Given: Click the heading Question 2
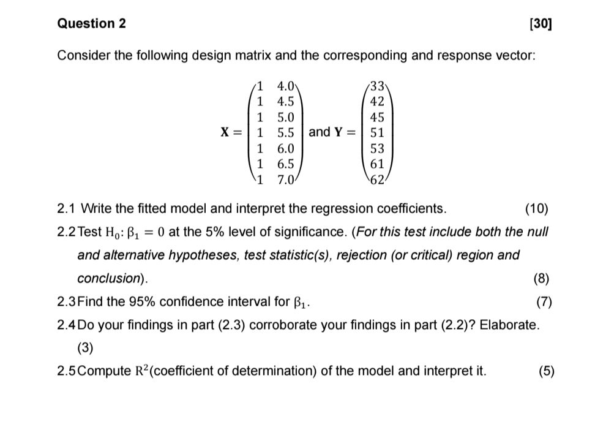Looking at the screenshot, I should pyautogui.click(x=91, y=24).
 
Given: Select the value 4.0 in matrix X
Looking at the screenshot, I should pyautogui.click(x=286, y=85).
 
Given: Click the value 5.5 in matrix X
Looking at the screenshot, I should pyautogui.click(x=286, y=132).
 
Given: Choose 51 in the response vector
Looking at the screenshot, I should pyautogui.click(x=377, y=132).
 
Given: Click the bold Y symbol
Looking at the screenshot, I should pyautogui.click(x=337, y=132).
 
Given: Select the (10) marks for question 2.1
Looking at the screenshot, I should pyautogui.click(x=537, y=209).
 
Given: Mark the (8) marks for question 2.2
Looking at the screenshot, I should pyautogui.click(x=541, y=278).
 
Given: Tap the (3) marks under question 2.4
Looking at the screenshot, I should pyautogui.click(x=85, y=347).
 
